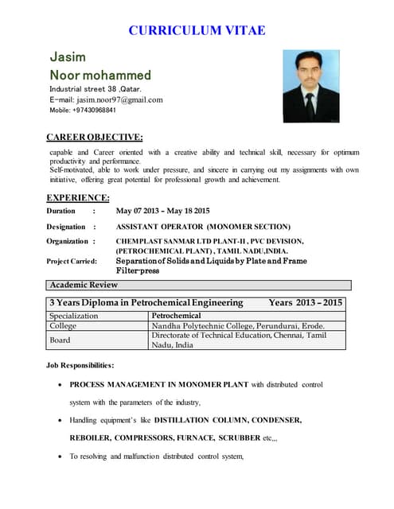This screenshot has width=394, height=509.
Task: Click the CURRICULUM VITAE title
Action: click(197, 31)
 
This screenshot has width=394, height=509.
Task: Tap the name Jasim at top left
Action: click(68, 57)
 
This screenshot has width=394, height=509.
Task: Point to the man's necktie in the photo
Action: click(310, 105)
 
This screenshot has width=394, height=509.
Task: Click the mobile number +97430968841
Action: click(99, 111)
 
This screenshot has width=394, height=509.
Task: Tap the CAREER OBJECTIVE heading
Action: click(95, 138)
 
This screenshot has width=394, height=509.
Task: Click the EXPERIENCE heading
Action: click(78, 197)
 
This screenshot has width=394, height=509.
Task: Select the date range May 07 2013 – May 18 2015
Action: click(163, 211)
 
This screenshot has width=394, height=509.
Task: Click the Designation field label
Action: click(67, 227)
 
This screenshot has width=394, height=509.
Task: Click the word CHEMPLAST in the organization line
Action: click(138, 241)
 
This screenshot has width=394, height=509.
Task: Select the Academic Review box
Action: click(84, 285)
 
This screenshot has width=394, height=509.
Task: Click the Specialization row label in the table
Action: click(74, 316)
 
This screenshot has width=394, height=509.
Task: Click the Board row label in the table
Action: click(60, 340)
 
